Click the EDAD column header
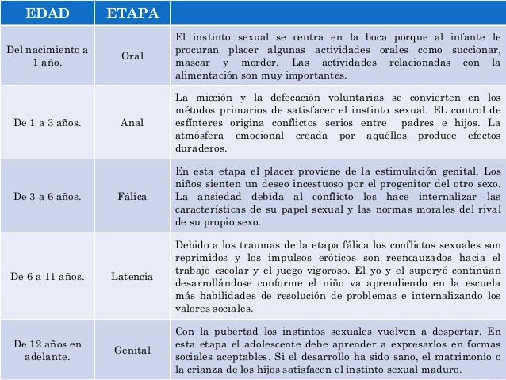coord(47,13)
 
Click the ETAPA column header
coord(132,13)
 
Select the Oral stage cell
coord(132,56)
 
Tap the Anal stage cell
coord(132,123)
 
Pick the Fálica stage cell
coord(132,196)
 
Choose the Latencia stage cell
coord(132,276)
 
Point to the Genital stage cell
coord(132,350)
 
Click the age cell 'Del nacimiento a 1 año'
coord(47,56)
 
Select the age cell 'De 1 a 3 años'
coord(47,123)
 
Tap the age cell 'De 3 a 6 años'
coord(47,196)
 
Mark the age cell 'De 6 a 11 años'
coord(47,276)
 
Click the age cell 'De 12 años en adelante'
coord(47,350)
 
